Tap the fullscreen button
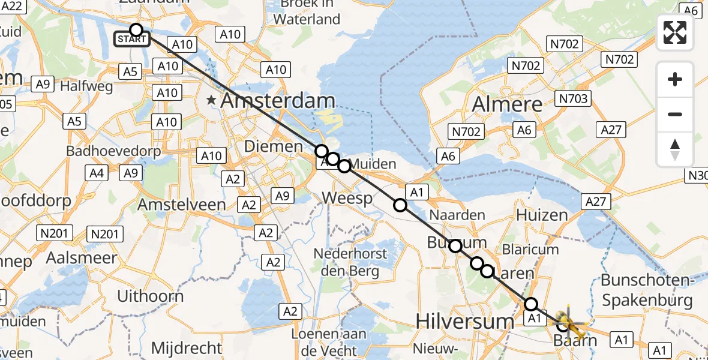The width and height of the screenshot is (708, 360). coord(675,32)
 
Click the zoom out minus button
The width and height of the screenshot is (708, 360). coord(675,114)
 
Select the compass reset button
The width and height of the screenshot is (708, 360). coord(675,149)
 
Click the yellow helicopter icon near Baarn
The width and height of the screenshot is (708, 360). coord(569,322)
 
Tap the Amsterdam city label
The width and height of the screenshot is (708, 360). coord(278,101)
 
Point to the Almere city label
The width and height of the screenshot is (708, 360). coord(508,104)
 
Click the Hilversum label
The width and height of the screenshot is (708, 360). coord(465,322)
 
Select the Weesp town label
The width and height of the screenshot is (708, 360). coord(347,198)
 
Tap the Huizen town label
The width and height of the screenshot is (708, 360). coord(542,215)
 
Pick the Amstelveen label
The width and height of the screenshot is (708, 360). coord(182,205)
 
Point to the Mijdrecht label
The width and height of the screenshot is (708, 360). coord(187,347)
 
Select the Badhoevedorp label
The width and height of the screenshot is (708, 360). coord(113,151)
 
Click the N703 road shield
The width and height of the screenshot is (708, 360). coord(573,98)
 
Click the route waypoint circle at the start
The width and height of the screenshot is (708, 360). coord(136,30)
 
